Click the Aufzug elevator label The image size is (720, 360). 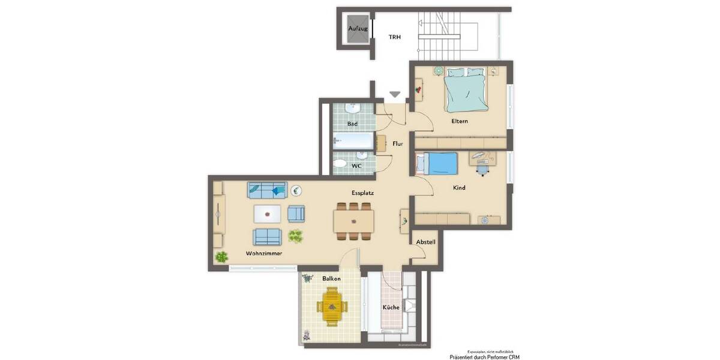(x=358, y=28)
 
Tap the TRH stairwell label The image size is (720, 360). (x=394, y=37)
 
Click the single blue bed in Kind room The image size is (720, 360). (x=437, y=163)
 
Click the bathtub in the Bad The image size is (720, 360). (x=354, y=142)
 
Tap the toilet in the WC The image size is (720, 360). (x=340, y=163)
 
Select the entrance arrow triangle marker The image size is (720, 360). (x=395, y=94)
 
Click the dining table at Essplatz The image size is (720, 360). (x=354, y=220)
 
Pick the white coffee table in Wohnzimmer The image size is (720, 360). (x=267, y=214)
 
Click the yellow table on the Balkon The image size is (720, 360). (x=331, y=307)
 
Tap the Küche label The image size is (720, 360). (x=391, y=307)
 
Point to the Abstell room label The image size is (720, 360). (x=425, y=242)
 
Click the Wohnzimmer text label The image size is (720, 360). (x=263, y=253)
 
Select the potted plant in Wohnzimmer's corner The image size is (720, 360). (x=221, y=257)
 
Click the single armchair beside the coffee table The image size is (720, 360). (x=296, y=213)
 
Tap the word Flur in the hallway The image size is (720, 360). (x=397, y=144)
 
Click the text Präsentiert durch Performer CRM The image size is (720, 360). (x=485, y=357)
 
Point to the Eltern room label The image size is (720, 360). (x=460, y=121)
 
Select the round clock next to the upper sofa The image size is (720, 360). (x=296, y=191)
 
